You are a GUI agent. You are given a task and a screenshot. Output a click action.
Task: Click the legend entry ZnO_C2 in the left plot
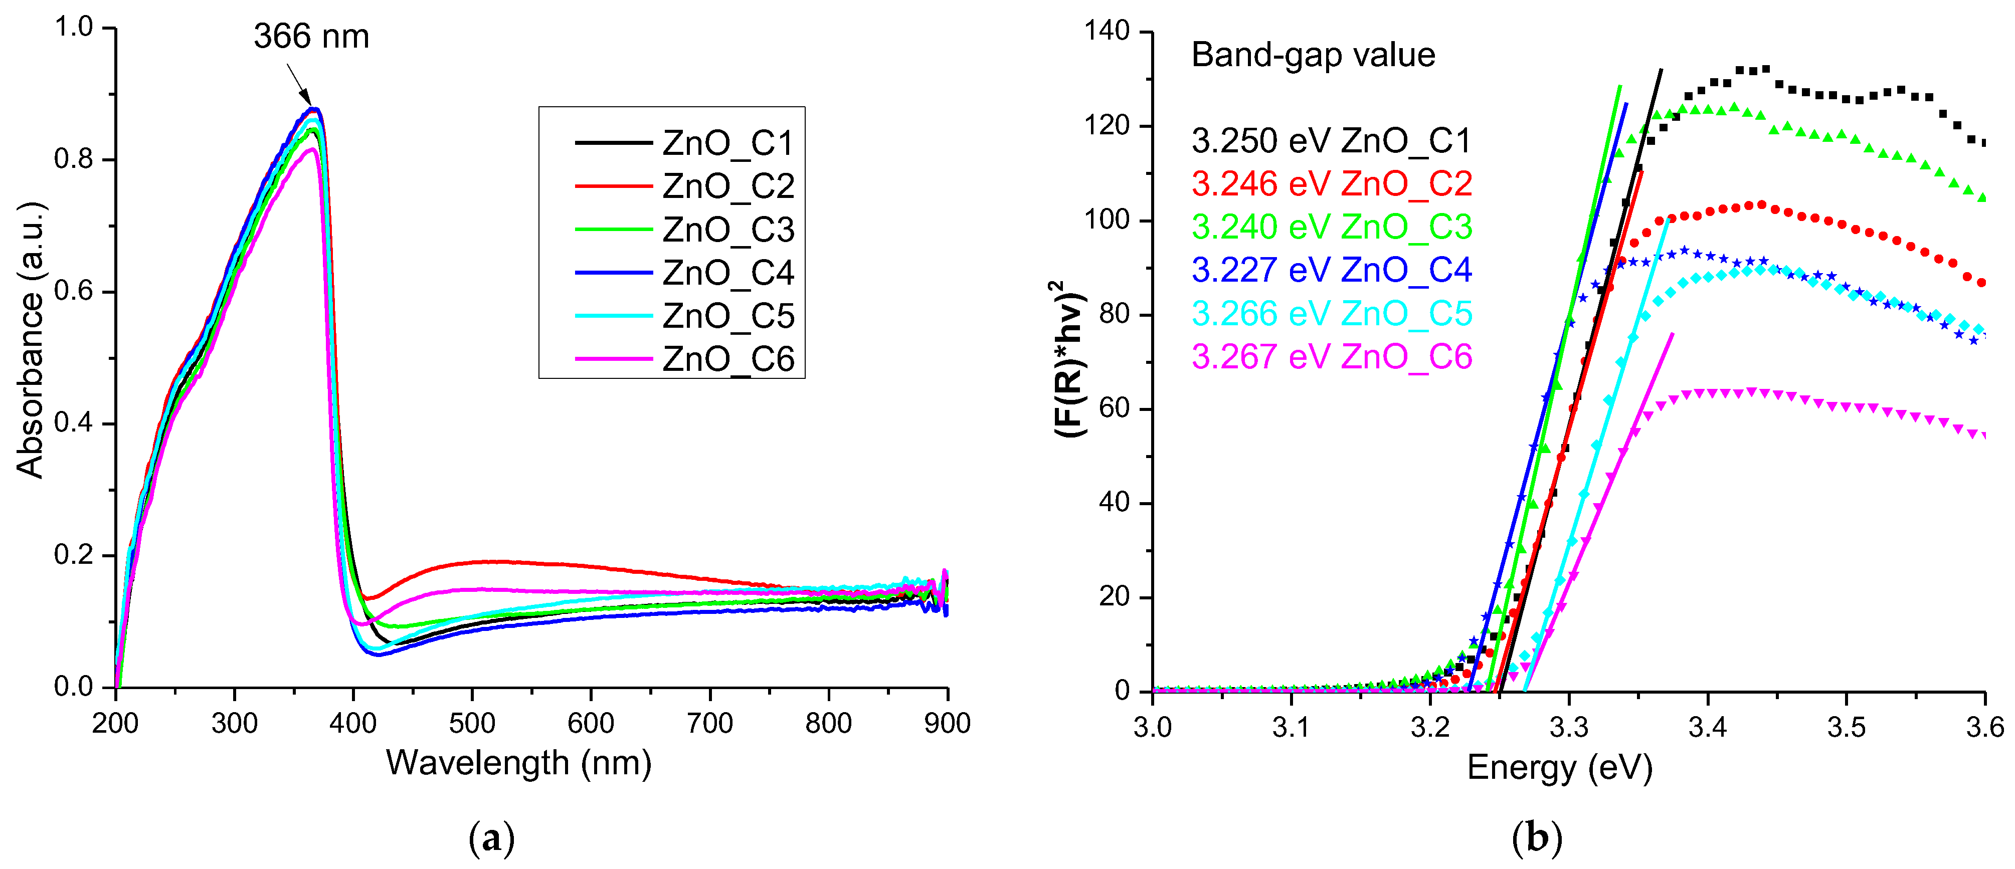[x=727, y=186]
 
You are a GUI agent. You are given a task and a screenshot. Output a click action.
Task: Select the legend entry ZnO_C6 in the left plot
[x=727, y=359]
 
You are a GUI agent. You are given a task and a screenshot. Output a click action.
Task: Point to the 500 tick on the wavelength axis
[x=472, y=723]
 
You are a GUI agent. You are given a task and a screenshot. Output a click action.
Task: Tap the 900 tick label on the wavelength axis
[x=947, y=723]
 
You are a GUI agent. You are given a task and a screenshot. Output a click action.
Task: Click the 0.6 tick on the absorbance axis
[x=74, y=291]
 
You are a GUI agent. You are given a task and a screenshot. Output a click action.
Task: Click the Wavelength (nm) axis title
[x=518, y=763]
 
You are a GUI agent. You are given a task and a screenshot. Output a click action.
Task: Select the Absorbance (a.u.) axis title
[x=30, y=340]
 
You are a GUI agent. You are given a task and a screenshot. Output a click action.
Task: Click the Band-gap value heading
[x=1313, y=55]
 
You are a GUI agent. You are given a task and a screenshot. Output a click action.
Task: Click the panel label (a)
[x=491, y=838]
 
